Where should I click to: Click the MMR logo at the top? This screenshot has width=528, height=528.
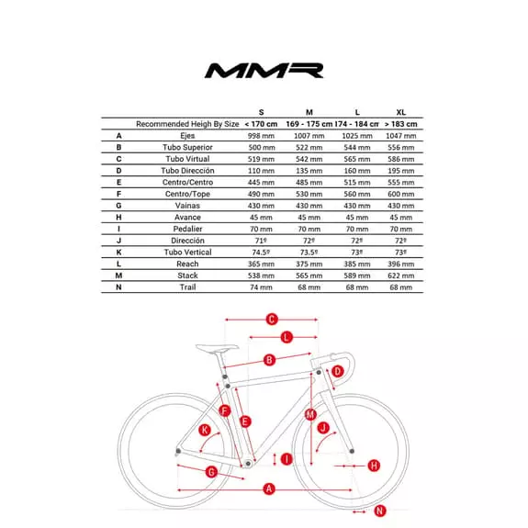point(264,71)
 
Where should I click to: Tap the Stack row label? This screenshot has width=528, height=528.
point(187,275)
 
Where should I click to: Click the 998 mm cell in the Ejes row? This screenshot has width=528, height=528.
point(261,135)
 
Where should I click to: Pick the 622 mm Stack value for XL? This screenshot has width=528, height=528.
point(401,275)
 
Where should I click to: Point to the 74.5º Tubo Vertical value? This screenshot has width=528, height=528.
point(261,252)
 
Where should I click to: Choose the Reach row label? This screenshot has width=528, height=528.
point(187,264)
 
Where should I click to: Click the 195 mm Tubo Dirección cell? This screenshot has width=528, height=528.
point(401,170)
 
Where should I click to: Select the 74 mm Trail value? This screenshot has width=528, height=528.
point(261,287)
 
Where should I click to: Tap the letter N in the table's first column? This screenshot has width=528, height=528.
point(118,287)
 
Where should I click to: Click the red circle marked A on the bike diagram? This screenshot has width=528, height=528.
point(269,489)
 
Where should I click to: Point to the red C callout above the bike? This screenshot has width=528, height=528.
point(272,320)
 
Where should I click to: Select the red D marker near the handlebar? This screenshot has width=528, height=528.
point(338,371)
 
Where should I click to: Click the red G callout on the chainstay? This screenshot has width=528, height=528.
point(211,471)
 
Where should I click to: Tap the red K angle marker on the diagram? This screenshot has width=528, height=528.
point(205,430)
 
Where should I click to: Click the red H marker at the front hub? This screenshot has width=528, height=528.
point(374,466)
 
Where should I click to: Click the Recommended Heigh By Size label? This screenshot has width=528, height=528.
point(187,123)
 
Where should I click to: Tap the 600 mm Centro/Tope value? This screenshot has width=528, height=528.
point(401,194)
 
